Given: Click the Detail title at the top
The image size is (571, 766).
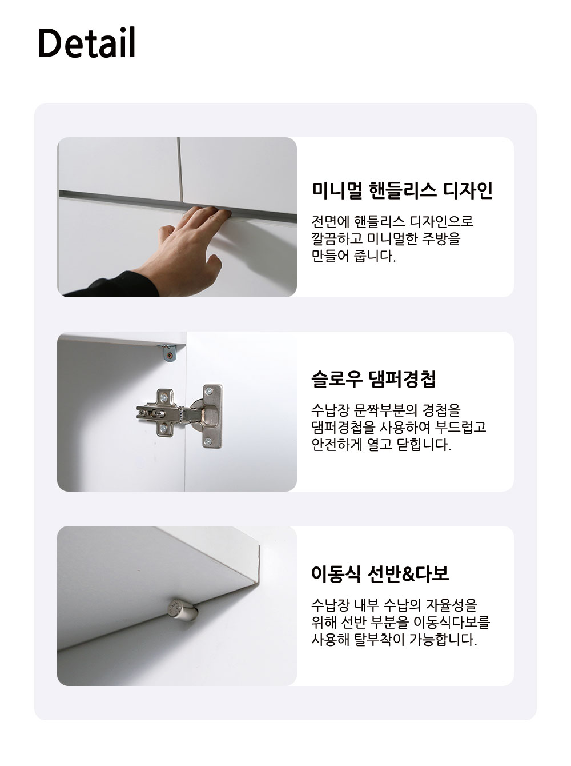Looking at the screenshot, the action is (x=86, y=42).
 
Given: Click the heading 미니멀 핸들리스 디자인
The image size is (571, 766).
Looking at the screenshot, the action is (x=402, y=190).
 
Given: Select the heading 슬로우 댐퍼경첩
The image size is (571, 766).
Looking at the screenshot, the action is (x=373, y=379).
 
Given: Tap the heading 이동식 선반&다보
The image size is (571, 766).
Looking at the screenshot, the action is (x=380, y=573).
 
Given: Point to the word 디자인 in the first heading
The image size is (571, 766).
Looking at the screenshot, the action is (x=468, y=190).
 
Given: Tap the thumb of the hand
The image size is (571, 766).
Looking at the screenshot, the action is (x=213, y=261).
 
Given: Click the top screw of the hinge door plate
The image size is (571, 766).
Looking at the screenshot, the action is (x=209, y=391).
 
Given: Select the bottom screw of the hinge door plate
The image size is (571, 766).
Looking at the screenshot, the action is (x=208, y=441).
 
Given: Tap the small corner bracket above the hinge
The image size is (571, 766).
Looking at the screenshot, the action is (x=168, y=353).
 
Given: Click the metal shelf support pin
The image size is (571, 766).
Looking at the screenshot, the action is (x=182, y=611).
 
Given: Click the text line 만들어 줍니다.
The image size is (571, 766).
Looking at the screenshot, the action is (x=353, y=257).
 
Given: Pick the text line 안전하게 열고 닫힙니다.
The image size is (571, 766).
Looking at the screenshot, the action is (x=381, y=444).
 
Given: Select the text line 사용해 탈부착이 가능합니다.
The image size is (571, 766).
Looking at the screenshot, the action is (x=394, y=640).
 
